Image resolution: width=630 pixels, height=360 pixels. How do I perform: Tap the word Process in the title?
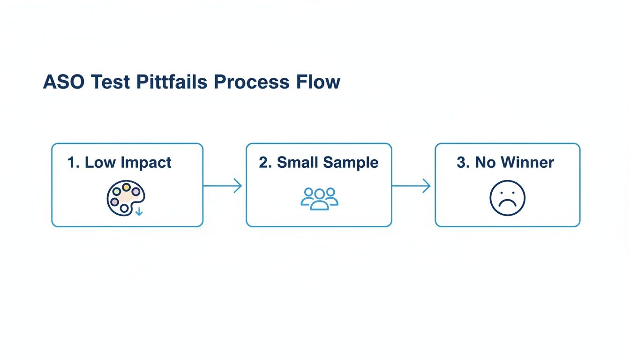click(x=251, y=82)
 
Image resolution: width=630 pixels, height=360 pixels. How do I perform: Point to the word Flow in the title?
click(x=318, y=82)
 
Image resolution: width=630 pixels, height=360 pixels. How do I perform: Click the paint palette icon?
click(x=125, y=197)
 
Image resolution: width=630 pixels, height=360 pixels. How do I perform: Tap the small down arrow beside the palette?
click(x=139, y=212)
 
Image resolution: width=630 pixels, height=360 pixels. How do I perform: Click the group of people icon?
click(x=319, y=198)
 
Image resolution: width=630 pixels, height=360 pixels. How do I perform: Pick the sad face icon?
click(x=507, y=198)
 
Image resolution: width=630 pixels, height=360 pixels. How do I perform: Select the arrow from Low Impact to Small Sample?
click(x=223, y=186)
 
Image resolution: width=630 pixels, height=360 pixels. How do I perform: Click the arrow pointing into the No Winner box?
click(x=412, y=186)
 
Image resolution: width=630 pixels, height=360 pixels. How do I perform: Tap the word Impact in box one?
click(x=146, y=163)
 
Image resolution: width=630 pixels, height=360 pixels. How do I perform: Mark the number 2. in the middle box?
click(x=265, y=163)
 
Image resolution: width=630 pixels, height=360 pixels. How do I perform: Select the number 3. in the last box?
click(x=463, y=163)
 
